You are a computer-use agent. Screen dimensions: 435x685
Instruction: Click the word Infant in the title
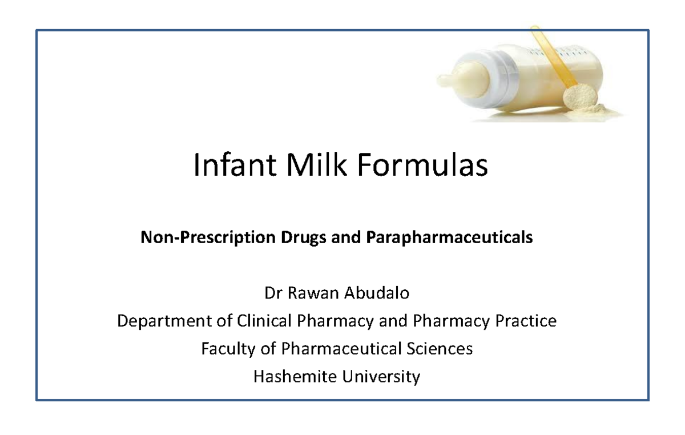[231, 166]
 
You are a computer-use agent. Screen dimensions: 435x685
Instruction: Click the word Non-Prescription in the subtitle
[208, 237]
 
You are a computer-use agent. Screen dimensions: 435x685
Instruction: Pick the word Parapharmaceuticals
[447, 237]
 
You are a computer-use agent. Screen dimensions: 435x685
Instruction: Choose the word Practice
[524, 321]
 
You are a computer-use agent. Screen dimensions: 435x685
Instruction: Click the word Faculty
[227, 348]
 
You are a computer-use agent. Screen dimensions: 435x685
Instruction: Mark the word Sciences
[441, 348]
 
